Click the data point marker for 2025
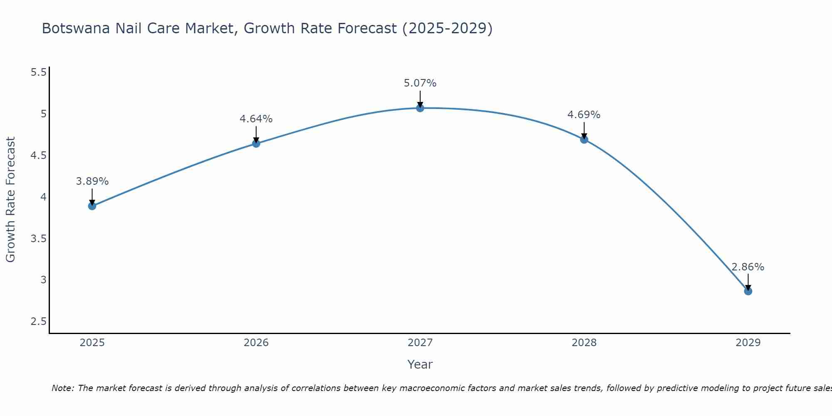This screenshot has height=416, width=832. (x=92, y=206)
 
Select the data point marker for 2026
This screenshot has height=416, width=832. (x=256, y=144)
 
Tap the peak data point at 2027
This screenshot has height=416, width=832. (x=420, y=108)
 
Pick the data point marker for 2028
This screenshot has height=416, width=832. (x=584, y=139)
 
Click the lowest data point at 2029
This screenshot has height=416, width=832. (x=748, y=291)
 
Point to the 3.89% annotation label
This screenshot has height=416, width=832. (x=92, y=181)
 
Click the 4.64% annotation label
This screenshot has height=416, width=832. (x=256, y=119)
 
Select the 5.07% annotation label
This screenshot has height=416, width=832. (x=420, y=83)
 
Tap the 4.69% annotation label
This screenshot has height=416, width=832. (x=584, y=115)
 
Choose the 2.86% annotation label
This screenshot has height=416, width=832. (x=748, y=267)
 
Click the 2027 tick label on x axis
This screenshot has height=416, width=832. (x=420, y=343)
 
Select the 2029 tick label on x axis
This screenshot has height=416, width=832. (x=748, y=343)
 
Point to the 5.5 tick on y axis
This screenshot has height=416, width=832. (x=39, y=72)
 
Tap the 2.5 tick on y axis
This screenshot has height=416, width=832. (x=39, y=322)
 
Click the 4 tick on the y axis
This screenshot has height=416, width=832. (x=44, y=197)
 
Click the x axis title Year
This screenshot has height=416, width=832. (x=420, y=364)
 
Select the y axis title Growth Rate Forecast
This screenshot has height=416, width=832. (x=11, y=200)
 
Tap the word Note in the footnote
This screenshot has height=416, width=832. (x=62, y=388)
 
